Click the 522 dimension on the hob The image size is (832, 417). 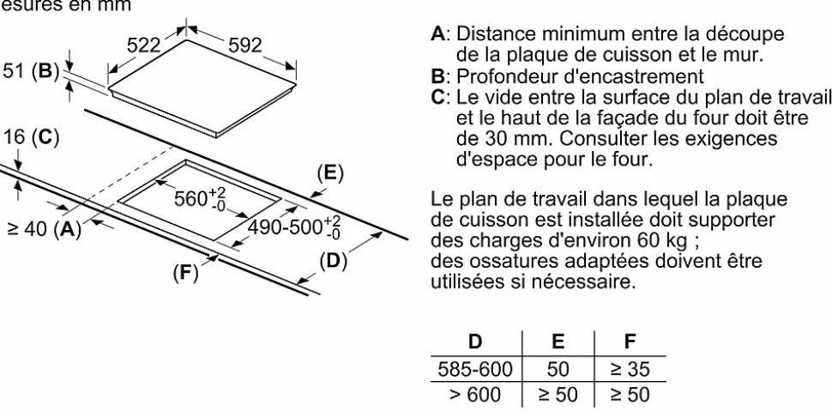[x=143, y=45]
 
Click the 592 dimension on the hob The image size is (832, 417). [x=245, y=45]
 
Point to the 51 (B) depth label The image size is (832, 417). [x=30, y=71]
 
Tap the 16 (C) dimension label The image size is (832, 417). [x=30, y=137]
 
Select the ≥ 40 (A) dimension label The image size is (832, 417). [x=45, y=229]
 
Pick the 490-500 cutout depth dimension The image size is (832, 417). [x=294, y=227]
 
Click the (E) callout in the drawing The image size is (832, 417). [x=330, y=173]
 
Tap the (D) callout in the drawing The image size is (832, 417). [x=333, y=261]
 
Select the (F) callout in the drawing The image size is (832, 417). [x=185, y=273]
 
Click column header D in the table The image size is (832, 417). [x=475, y=341]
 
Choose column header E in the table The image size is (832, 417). [x=558, y=341]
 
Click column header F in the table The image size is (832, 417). [x=630, y=341]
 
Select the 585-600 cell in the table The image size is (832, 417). [x=475, y=369]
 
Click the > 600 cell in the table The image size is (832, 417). [x=475, y=395]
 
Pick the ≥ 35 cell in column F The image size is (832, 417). [x=630, y=369]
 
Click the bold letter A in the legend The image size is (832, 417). [x=437, y=34]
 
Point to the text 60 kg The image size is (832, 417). [x=661, y=241]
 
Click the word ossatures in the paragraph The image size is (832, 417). [x=504, y=262]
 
